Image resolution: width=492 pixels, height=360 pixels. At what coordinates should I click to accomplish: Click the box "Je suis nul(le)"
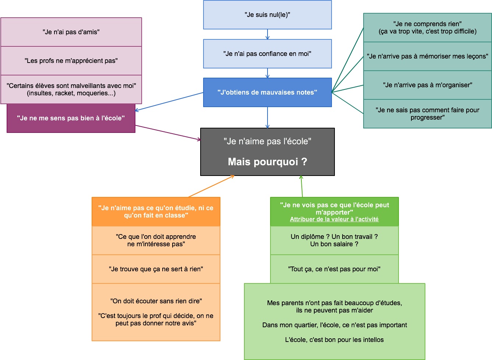pyautogui.click(x=267, y=15)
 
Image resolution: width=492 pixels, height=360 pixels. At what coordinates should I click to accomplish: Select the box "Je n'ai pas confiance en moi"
pyautogui.click(x=267, y=54)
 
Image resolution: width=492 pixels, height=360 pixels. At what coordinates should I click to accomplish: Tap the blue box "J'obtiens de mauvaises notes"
pyautogui.click(x=267, y=92)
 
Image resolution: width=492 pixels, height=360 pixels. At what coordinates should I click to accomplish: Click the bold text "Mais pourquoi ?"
pyautogui.click(x=267, y=162)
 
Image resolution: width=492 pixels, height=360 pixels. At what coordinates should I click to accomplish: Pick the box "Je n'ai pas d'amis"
pyautogui.click(x=71, y=32)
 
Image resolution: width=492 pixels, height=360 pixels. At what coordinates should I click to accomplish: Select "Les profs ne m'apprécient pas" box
pyautogui.click(x=71, y=61)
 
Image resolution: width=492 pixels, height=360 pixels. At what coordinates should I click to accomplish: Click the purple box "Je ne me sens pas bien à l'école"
pyautogui.click(x=71, y=118)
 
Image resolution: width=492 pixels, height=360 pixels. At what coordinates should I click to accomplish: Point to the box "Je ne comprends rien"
pyautogui.click(x=427, y=28)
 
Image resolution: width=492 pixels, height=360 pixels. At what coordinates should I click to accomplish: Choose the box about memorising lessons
pyautogui.click(x=427, y=56)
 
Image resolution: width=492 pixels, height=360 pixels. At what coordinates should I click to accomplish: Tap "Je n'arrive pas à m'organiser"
pyautogui.click(x=427, y=85)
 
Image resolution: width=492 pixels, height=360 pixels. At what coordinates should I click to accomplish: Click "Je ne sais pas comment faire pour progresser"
pyautogui.click(x=427, y=114)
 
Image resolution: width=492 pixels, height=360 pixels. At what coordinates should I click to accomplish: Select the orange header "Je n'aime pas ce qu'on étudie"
pyautogui.click(x=156, y=212)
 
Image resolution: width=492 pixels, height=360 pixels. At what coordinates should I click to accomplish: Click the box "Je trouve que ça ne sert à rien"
pyautogui.click(x=156, y=269)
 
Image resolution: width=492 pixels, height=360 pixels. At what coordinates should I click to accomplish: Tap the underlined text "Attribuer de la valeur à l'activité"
pyautogui.click(x=334, y=219)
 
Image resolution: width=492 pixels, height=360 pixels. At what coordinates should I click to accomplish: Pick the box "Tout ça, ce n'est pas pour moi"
pyautogui.click(x=334, y=269)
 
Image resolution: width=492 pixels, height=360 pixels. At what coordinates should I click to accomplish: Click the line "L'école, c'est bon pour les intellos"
pyautogui.click(x=334, y=340)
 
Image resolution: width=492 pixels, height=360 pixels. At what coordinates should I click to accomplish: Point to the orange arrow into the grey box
pyautogui.click(x=211, y=186)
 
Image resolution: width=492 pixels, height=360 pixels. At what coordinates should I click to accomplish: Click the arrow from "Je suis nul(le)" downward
pyautogui.click(x=268, y=34)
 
